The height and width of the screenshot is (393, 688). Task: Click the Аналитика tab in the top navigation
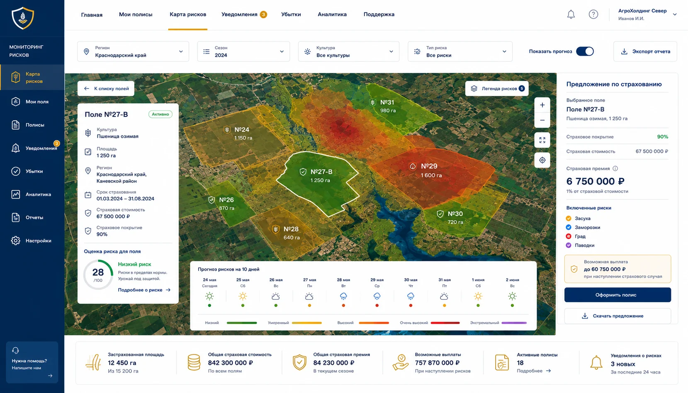tap(332, 15)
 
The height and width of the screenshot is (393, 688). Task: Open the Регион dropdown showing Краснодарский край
tap(133, 51)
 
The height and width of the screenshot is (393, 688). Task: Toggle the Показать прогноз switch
tap(585, 51)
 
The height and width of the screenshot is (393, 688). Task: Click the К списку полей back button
tap(106, 88)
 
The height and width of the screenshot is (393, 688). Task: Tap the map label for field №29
tap(429, 166)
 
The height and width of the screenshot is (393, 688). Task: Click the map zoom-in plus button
tap(542, 105)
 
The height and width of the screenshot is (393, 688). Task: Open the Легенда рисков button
tap(497, 88)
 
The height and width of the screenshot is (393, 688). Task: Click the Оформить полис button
tap(617, 295)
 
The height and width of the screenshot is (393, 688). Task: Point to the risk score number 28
tap(98, 272)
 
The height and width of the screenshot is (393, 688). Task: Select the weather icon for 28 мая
tap(343, 296)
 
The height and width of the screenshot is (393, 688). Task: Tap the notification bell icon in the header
tap(571, 15)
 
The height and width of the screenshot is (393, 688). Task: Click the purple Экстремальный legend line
tap(514, 323)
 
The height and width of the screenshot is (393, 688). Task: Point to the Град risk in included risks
tap(580, 236)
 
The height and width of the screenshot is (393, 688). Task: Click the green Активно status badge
tap(160, 114)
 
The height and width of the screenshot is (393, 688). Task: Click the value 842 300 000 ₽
tap(230, 363)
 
